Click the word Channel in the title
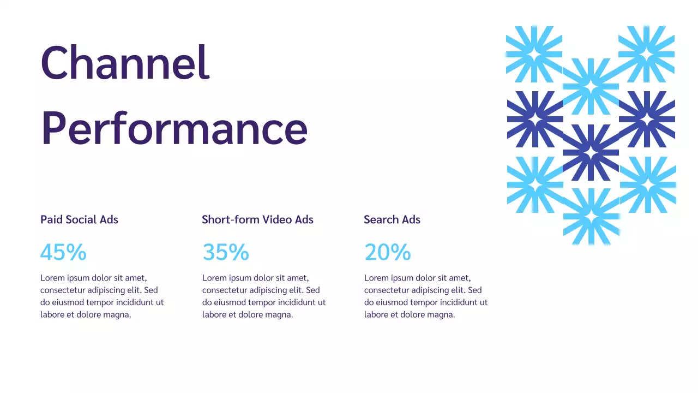click(125, 63)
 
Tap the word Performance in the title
click(174, 128)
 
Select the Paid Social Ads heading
click(79, 219)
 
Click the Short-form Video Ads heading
click(257, 219)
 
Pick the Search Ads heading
click(392, 219)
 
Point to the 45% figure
click(63, 252)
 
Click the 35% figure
click(226, 252)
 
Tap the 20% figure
click(388, 252)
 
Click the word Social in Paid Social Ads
click(81, 219)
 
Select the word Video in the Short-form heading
click(277, 219)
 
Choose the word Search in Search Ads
click(381, 219)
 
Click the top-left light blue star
click(534, 53)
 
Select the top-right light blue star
click(647, 53)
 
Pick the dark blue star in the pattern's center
click(591, 152)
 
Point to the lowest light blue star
click(591, 217)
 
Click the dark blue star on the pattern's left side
click(535, 119)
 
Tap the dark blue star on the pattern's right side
click(647, 119)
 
